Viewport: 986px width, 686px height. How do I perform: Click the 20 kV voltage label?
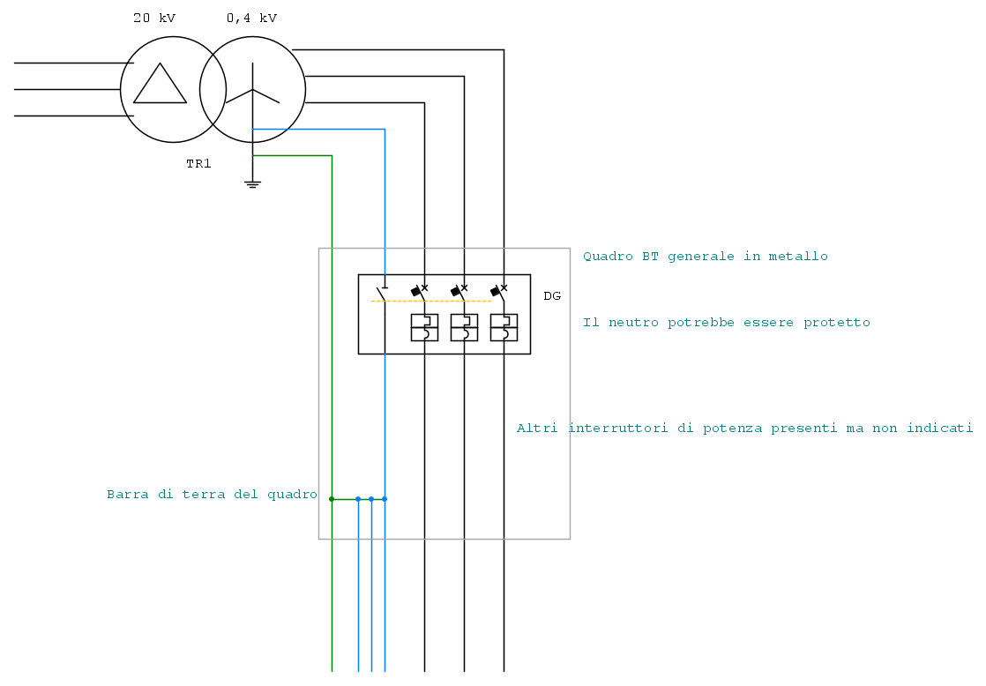coord(154,18)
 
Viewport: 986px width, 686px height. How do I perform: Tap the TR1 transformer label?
coord(198,164)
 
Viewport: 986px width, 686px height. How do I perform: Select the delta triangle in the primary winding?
coord(160,85)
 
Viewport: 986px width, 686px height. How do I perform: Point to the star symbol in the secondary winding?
coord(253,89)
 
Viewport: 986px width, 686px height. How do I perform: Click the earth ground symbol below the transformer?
coord(253,184)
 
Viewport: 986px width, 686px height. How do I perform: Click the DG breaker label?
coord(552,296)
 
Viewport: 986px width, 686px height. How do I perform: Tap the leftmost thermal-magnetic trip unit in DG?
coord(424,327)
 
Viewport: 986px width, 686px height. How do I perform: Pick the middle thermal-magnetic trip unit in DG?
coord(464,327)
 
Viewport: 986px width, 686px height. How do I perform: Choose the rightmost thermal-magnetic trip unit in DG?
coord(504,327)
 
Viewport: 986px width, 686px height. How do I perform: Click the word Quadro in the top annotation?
coord(608,257)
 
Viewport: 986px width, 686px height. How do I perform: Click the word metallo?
coord(801,257)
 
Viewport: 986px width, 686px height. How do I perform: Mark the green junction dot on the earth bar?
coord(332,499)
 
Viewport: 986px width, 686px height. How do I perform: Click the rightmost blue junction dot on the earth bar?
coord(385,499)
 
